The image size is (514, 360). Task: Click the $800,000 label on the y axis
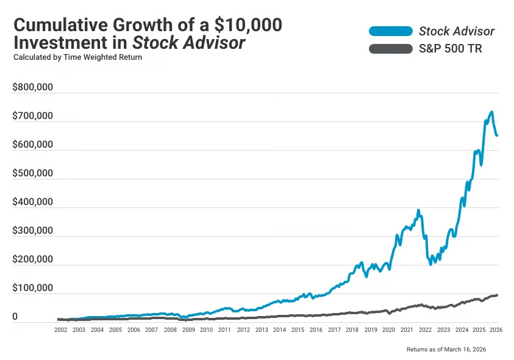(x=32, y=87)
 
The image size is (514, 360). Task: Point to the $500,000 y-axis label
(x=32, y=173)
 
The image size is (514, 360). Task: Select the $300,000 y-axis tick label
(x=32, y=231)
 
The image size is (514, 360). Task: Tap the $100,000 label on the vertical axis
(x=32, y=289)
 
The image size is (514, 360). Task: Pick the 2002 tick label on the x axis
(x=60, y=329)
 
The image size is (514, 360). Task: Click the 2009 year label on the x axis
(x=188, y=329)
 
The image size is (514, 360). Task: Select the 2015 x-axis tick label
(x=297, y=329)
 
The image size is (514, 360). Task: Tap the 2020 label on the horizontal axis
(x=388, y=329)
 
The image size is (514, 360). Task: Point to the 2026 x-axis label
(x=497, y=329)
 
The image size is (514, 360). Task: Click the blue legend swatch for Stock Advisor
(x=390, y=31)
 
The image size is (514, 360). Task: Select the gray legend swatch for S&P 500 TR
(x=390, y=49)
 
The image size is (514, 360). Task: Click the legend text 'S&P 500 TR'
(x=451, y=49)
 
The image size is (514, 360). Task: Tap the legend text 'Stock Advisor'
(x=457, y=31)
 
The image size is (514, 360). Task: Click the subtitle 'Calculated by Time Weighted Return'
(x=77, y=57)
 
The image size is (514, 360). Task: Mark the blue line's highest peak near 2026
(x=491, y=112)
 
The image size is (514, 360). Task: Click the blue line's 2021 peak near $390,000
(x=418, y=211)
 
